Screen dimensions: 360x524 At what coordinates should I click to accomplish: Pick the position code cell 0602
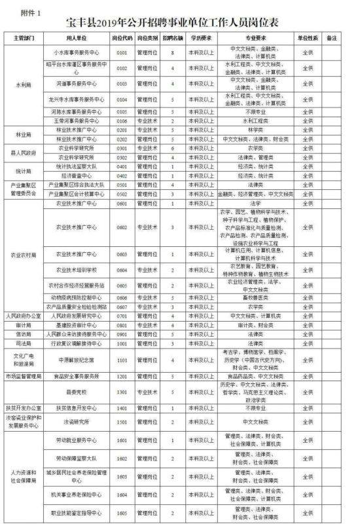[121, 228]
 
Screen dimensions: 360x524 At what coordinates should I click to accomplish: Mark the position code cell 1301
[121, 391]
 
